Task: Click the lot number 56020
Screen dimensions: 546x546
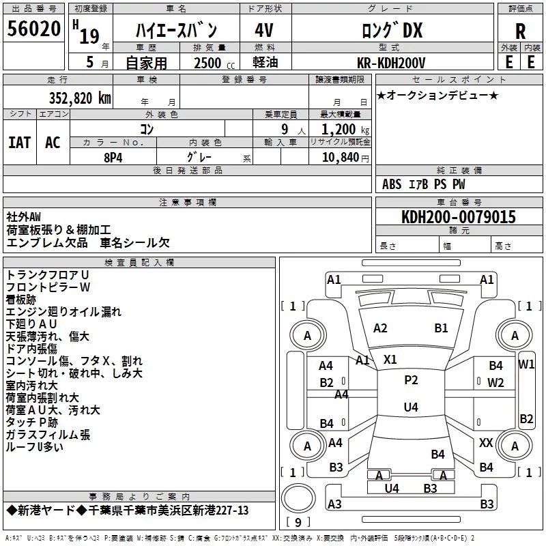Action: click(x=33, y=29)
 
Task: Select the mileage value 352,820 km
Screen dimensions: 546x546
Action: click(x=80, y=98)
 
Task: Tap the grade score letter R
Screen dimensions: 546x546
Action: click(x=520, y=31)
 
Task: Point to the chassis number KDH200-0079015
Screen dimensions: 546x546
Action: click(x=459, y=217)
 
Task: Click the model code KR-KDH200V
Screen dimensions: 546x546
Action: click(x=391, y=63)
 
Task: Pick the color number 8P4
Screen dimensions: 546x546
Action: click(x=113, y=158)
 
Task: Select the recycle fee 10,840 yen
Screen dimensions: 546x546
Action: click(x=345, y=158)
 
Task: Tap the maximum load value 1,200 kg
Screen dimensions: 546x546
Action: click(x=345, y=130)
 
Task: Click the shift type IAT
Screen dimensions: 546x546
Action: click(x=20, y=143)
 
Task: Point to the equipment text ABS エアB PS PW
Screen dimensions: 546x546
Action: click(x=423, y=184)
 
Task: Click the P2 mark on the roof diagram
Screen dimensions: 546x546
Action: click(x=411, y=380)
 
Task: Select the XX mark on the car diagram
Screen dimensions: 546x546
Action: click(x=486, y=442)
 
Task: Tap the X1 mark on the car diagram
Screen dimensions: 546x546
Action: click(x=390, y=360)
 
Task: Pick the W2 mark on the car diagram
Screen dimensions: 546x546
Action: click(x=495, y=383)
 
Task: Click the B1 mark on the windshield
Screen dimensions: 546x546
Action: click(x=441, y=328)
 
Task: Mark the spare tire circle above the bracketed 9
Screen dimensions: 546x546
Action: click(x=298, y=498)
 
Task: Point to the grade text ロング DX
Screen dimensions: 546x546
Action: click(x=392, y=30)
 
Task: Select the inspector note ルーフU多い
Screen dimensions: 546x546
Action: click(x=35, y=447)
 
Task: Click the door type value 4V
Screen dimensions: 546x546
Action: click(x=264, y=31)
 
